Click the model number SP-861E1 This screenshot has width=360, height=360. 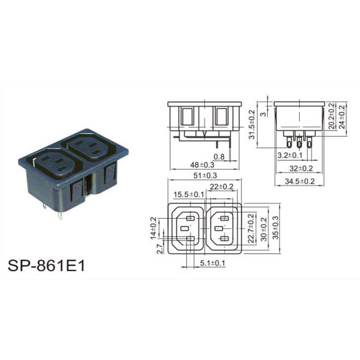46,266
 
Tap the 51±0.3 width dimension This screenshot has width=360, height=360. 205,175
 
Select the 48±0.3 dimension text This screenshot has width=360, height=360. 202,165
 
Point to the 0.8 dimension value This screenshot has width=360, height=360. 219,157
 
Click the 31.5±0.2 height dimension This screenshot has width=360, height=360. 252,125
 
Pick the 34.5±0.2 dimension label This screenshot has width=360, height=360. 300,181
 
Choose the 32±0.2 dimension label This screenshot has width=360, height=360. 301,168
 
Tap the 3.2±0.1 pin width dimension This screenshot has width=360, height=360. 290,155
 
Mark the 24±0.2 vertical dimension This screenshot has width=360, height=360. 342,117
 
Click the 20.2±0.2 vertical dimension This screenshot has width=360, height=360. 332,116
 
